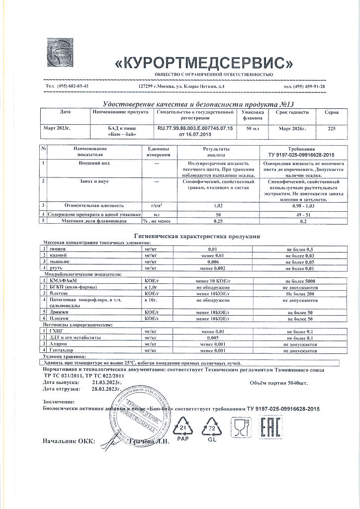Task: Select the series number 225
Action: click(332, 129)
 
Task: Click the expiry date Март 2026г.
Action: click(292, 129)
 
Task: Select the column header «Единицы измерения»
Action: click(159, 151)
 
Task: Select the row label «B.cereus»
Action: click(59, 294)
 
